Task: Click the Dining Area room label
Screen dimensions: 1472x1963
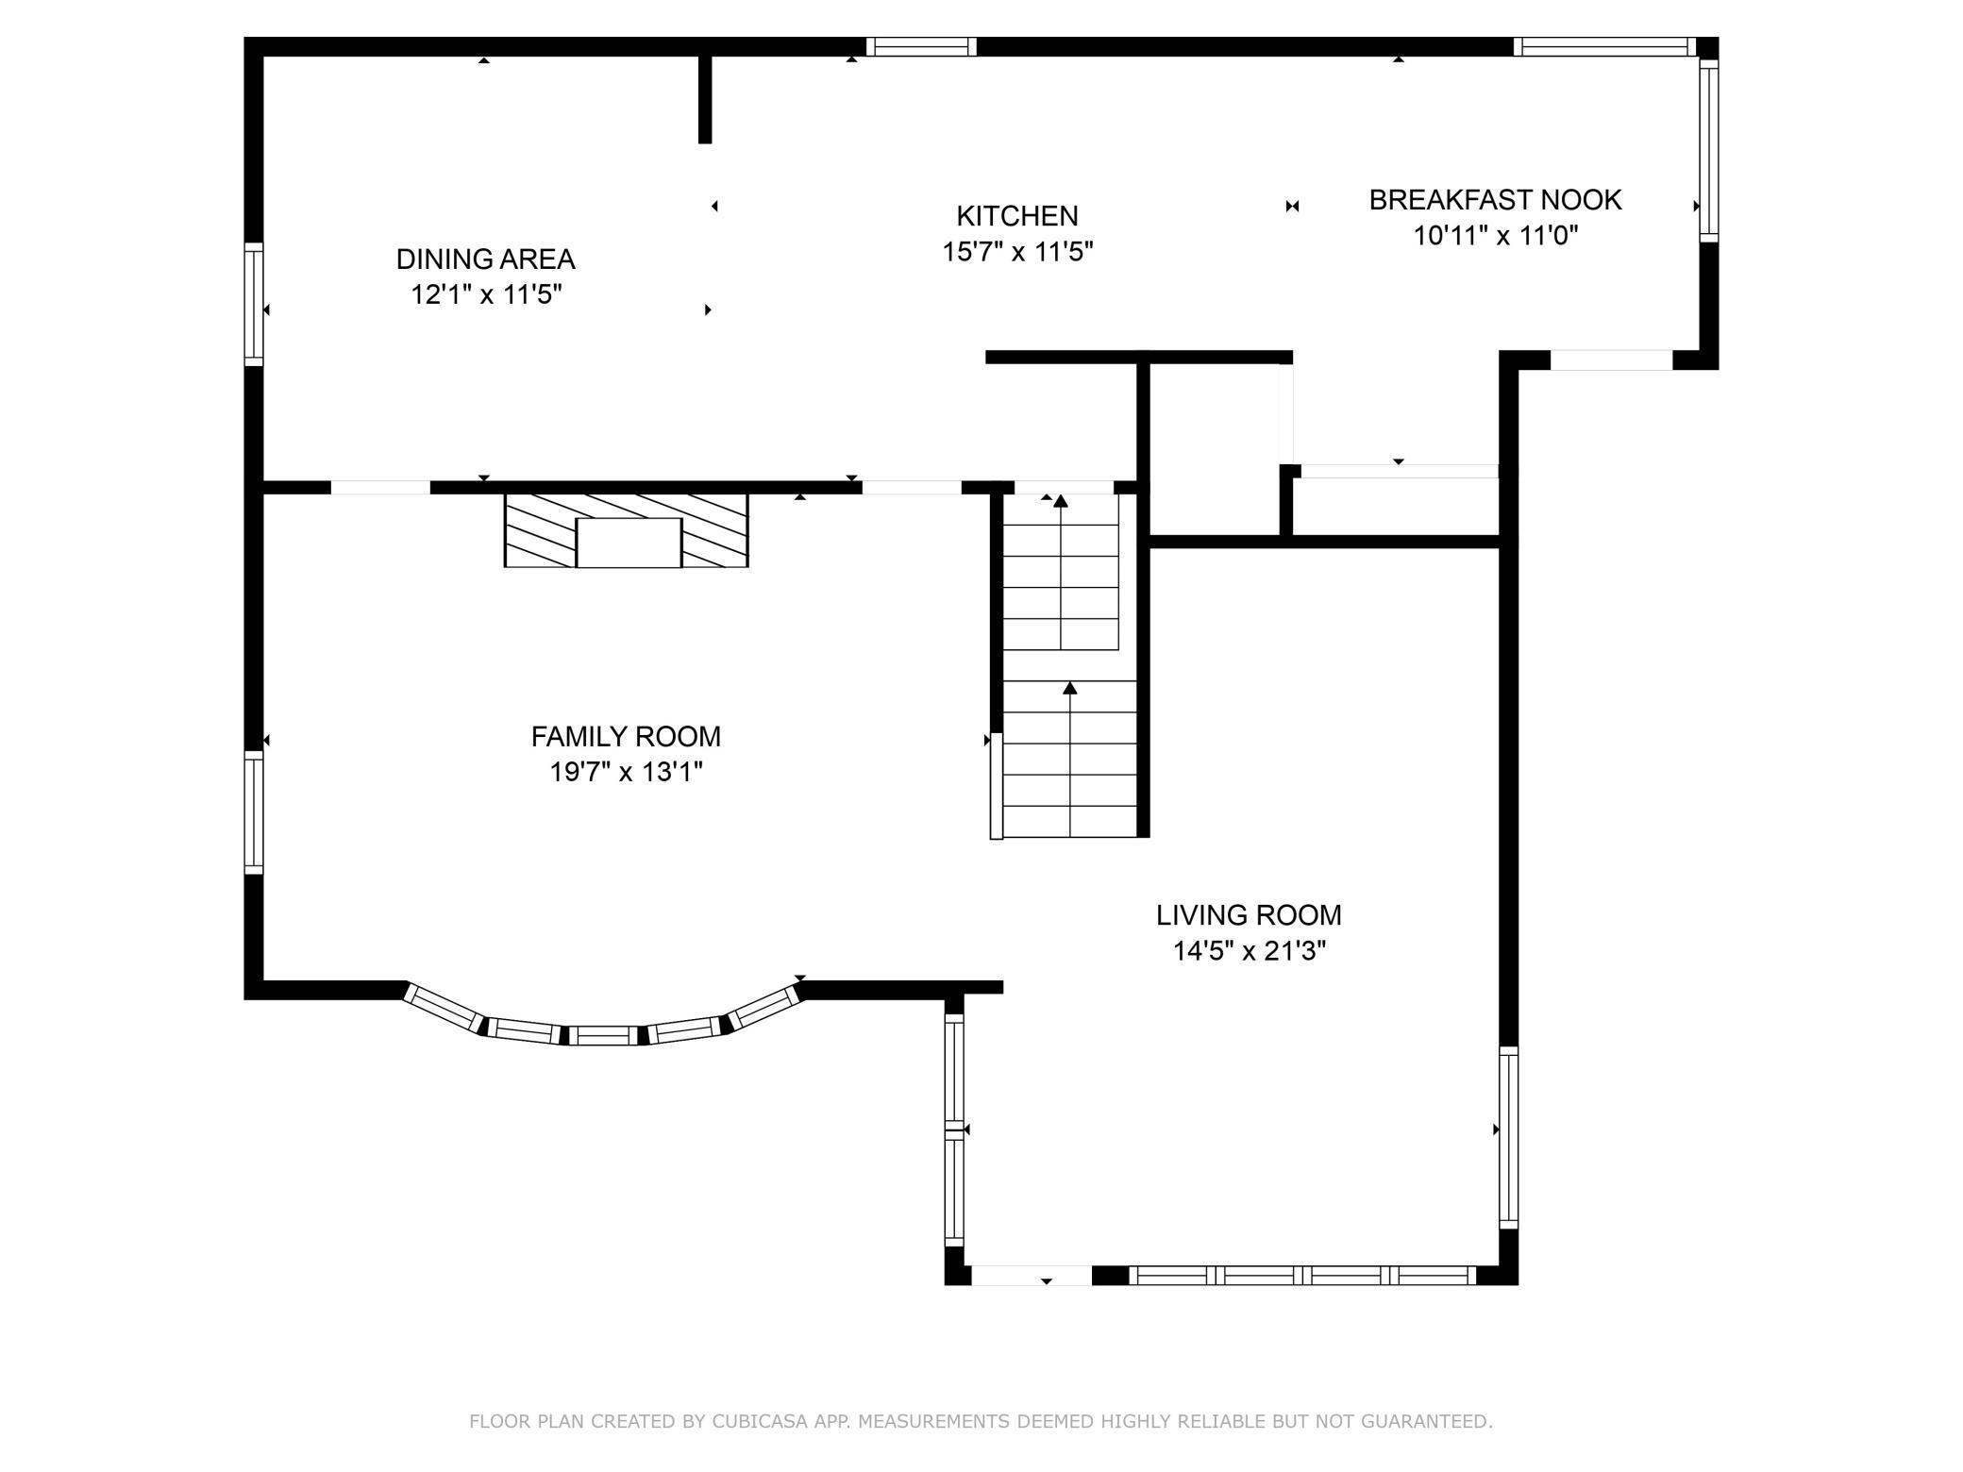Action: (485, 259)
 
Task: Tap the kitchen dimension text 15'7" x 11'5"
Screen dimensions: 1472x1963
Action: (1017, 252)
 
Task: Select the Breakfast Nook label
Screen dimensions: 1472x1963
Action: (1495, 200)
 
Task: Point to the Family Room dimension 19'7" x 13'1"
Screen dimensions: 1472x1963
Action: (626, 773)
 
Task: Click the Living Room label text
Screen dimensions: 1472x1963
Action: (1249, 914)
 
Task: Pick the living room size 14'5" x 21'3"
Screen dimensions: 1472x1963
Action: (1249, 951)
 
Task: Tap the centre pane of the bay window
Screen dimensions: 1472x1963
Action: (604, 1035)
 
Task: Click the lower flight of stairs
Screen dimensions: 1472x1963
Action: (1070, 760)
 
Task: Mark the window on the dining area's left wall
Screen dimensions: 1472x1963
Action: (253, 304)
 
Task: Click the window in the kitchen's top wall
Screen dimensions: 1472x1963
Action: (921, 46)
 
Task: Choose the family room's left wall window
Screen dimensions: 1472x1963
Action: (253, 812)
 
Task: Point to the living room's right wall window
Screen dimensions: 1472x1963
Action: (1508, 1138)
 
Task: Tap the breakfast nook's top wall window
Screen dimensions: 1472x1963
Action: (1604, 46)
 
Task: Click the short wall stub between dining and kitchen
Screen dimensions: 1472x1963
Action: (705, 99)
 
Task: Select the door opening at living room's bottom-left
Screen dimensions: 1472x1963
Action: (1032, 1276)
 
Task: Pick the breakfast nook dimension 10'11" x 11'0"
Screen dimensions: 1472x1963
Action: (1495, 236)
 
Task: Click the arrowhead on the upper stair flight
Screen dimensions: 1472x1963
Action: (1061, 501)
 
